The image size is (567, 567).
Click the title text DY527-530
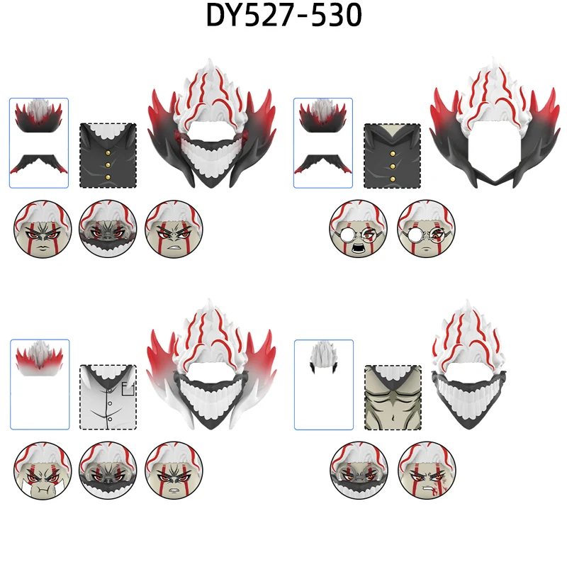pyautogui.click(x=283, y=16)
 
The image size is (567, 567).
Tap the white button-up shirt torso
pyautogui.click(x=108, y=396)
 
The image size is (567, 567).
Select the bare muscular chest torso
pyautogui.click(x=393, y=397)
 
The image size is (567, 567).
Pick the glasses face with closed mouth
pyautogui.click(x=426, y=228)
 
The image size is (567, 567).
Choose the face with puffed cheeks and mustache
pyautogui.click(x=43, y=469)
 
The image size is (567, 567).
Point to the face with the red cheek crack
pyautogui.click(x=427, y=469)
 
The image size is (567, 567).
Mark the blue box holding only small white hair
pyautogui.click(x=323, y=383)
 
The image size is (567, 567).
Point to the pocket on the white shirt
pyautogui.click(x=128, y=387)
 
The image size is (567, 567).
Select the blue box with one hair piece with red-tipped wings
pyautogui.click(x=40, y=383)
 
